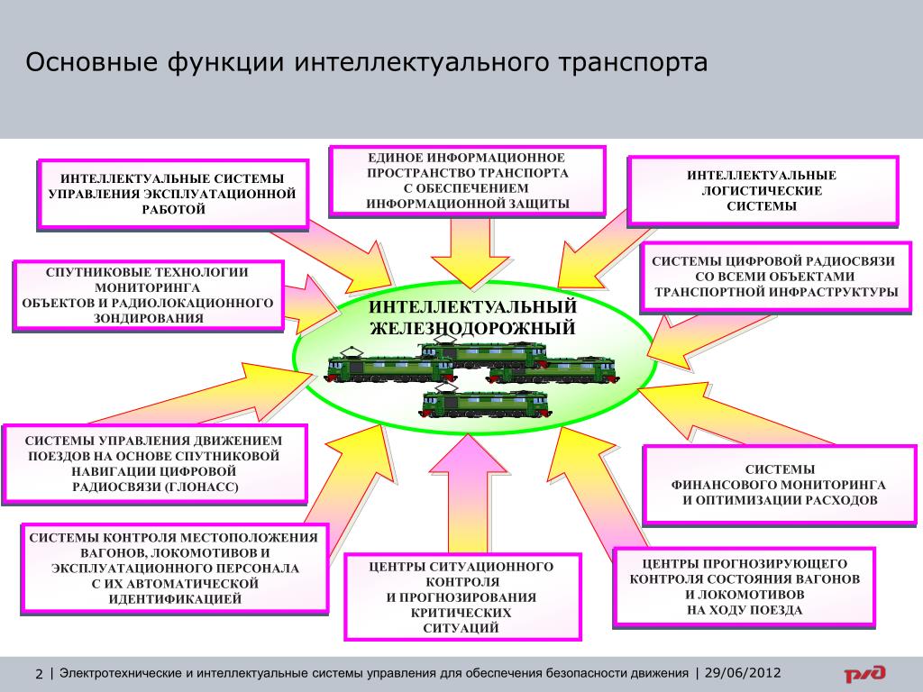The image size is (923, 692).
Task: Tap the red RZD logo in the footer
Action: pos(864,674)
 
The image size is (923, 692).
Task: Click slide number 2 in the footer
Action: pos(39,675)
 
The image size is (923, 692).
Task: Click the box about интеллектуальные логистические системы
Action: pos(763,190)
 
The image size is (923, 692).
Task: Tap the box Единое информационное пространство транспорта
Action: pos(467,180)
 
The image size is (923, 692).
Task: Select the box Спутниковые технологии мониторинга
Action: pos(148,296)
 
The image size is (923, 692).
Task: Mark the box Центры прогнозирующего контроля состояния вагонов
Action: pos(744,586)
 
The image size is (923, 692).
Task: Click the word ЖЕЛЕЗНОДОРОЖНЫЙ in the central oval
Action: pos(472,328)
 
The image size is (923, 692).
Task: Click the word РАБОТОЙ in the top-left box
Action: pos(173,210)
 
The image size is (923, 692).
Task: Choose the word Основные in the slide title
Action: pos(88,63)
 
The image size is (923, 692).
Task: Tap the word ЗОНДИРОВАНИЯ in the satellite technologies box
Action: pos(148,318)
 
